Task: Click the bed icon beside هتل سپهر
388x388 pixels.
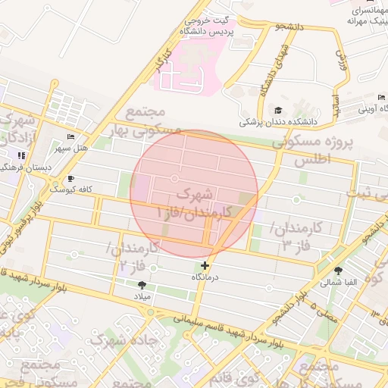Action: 70,136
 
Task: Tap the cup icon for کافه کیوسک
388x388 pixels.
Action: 70,178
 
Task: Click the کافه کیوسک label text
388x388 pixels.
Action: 69,189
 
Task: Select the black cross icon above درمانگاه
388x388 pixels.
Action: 205,265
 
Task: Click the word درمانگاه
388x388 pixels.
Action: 205,277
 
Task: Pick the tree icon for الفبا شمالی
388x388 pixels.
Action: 338,271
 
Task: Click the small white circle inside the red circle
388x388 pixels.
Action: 175,178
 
